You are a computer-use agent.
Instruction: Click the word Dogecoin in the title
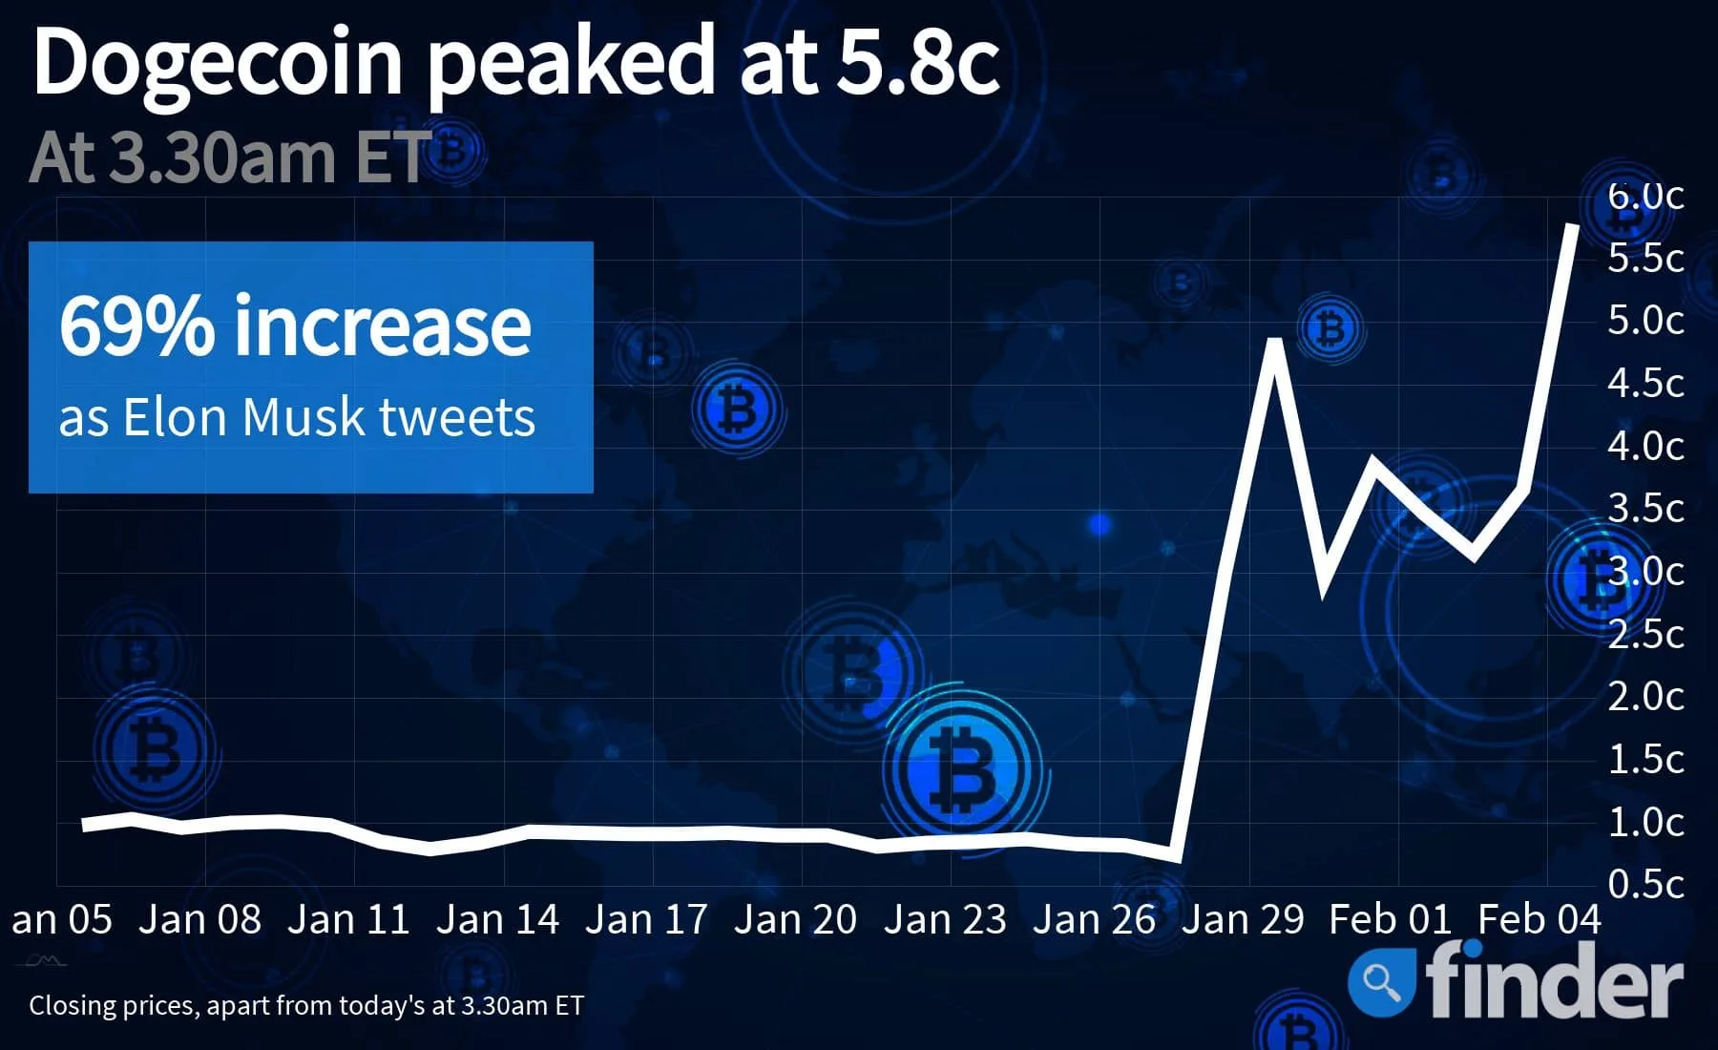(218, 62)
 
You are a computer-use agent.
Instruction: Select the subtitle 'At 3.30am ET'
(229, 157)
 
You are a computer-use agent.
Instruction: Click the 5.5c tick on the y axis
(1645, 258)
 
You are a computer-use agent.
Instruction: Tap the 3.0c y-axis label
(1645, 571)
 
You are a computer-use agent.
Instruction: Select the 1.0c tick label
(1645, 822)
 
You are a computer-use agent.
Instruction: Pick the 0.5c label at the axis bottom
(1645, 884)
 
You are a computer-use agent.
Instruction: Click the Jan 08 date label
(199, 919)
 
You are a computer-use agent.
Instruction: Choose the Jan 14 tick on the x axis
(497, 919)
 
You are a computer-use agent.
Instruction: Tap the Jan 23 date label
(945, 919)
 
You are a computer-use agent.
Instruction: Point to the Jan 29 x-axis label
(1243, 919)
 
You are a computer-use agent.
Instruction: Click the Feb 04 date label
(1539, 919)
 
